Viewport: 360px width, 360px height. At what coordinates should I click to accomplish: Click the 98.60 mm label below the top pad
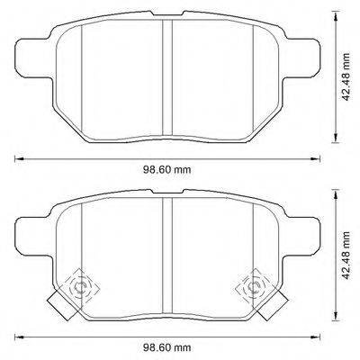pyautogui.click(x=168, y=166)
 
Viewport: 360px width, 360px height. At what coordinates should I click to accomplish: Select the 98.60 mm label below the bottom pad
pyautogui.click(x=168, y=346)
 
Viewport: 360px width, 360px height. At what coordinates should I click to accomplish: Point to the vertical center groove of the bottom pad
pyautogui.click(x=166, y=261)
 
